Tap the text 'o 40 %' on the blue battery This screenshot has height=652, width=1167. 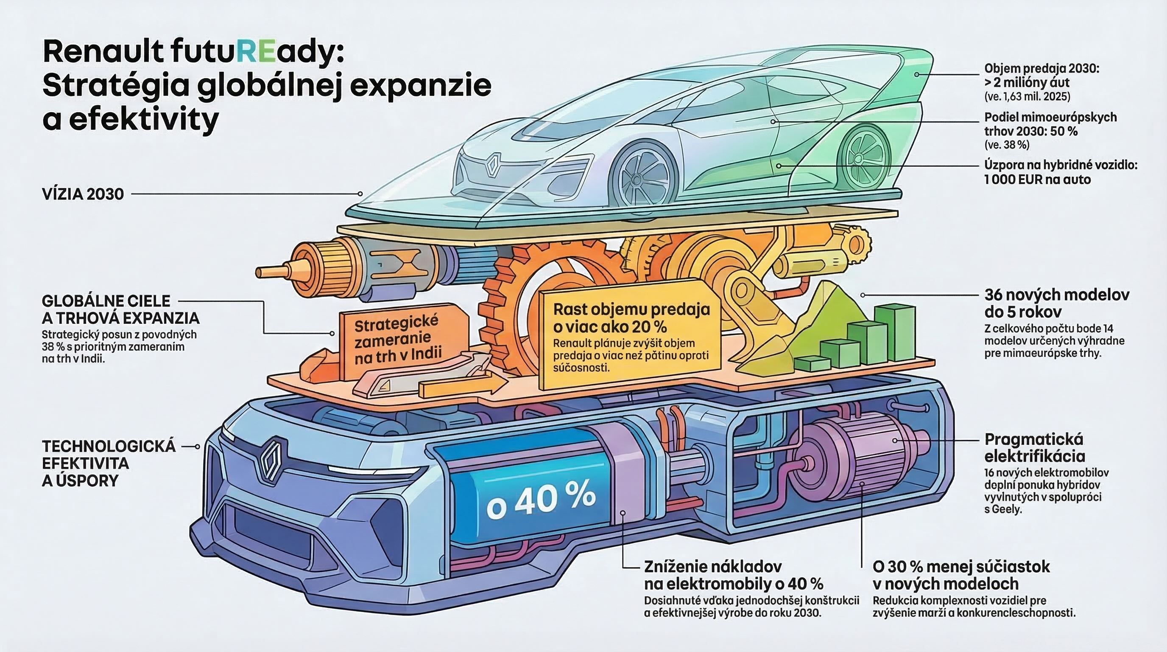point(542,499)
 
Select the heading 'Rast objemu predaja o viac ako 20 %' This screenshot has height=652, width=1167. point(631,318)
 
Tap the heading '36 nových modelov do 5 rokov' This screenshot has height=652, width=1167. point(1056,304)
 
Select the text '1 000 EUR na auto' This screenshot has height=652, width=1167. point(1037,180)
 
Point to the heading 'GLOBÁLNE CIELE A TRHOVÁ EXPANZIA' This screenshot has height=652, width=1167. point(120,309)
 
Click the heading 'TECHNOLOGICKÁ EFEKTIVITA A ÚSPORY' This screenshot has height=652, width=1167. point(109,463)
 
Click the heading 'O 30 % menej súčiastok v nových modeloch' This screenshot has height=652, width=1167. point(960,574)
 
